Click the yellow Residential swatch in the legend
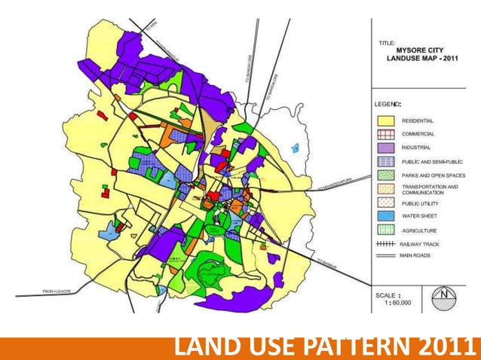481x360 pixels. pyautogui.click(x=386, y=121)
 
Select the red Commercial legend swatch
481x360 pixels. pyautogui.click(x=386, y=134)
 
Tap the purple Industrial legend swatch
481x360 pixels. pyautogui.click(x=386, y=148)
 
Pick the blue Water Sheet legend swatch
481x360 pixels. pyautogui.click(x=386, y=216)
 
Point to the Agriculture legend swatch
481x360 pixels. pyautogui.click(x=386, y=230)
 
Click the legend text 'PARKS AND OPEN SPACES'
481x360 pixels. pyautogui.click(x=434, y=175)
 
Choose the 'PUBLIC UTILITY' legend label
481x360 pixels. pyautogui.click(x=425, y=203)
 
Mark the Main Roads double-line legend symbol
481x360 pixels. pyautogui.click(x=386, y=257)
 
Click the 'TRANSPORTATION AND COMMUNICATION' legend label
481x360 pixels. pyautogui.click(x=430, y=189)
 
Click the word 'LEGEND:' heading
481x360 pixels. pyautogui.click(x=388, y=102)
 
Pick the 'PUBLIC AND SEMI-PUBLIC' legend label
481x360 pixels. pyautogui.click(x=433, y=161)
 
